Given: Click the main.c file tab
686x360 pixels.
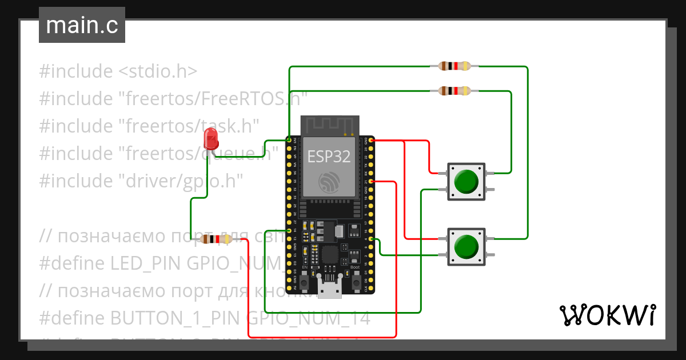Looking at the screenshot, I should pos(82,26).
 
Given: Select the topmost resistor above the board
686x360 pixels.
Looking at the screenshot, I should pos(454,66).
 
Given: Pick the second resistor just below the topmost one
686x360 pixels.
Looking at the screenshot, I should pos(454,91).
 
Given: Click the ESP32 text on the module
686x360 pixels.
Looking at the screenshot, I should pos(329,157).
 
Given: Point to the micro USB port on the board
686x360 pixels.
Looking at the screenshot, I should pos(330,289).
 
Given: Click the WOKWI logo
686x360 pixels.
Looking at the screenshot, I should pos(607,315).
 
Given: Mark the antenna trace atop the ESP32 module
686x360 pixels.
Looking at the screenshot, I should pos(330,125).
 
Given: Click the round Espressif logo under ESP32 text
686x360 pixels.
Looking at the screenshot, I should pos(330,182).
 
